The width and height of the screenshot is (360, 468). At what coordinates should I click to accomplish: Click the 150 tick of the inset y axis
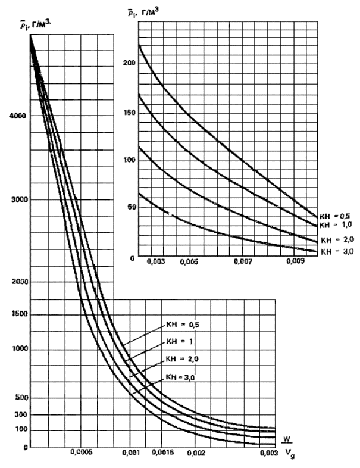click(x=127, y=111)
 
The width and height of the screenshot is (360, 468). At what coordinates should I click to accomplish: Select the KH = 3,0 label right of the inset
click(x=336, y=252)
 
